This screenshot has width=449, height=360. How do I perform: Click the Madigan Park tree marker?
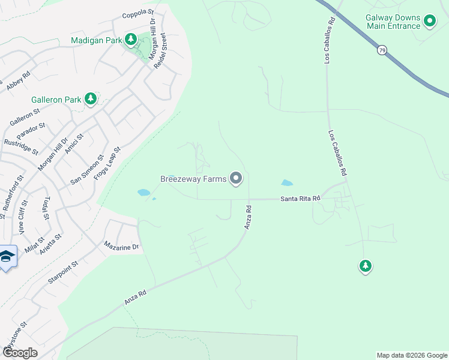[x=131, y=40]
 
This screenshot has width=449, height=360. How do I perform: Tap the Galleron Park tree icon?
[x=90, y=98]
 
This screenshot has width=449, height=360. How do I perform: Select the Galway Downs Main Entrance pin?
[x=430, y=22]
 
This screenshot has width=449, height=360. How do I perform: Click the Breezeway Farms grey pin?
[x=237, y=178]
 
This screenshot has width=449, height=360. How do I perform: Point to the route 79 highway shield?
[x=382, y=50]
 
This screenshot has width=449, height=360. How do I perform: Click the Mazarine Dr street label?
[x=121, y=246]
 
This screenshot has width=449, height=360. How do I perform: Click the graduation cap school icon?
[x=7, y=256]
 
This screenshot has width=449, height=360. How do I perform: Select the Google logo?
[x=20, y=353]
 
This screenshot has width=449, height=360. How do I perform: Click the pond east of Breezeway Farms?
[x=287, y=183]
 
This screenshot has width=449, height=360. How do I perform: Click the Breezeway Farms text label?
[x=193, y=178]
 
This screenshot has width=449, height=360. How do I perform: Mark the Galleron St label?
[x=25, y=117]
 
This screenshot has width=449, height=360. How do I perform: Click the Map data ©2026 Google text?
[x=411, y=355]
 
